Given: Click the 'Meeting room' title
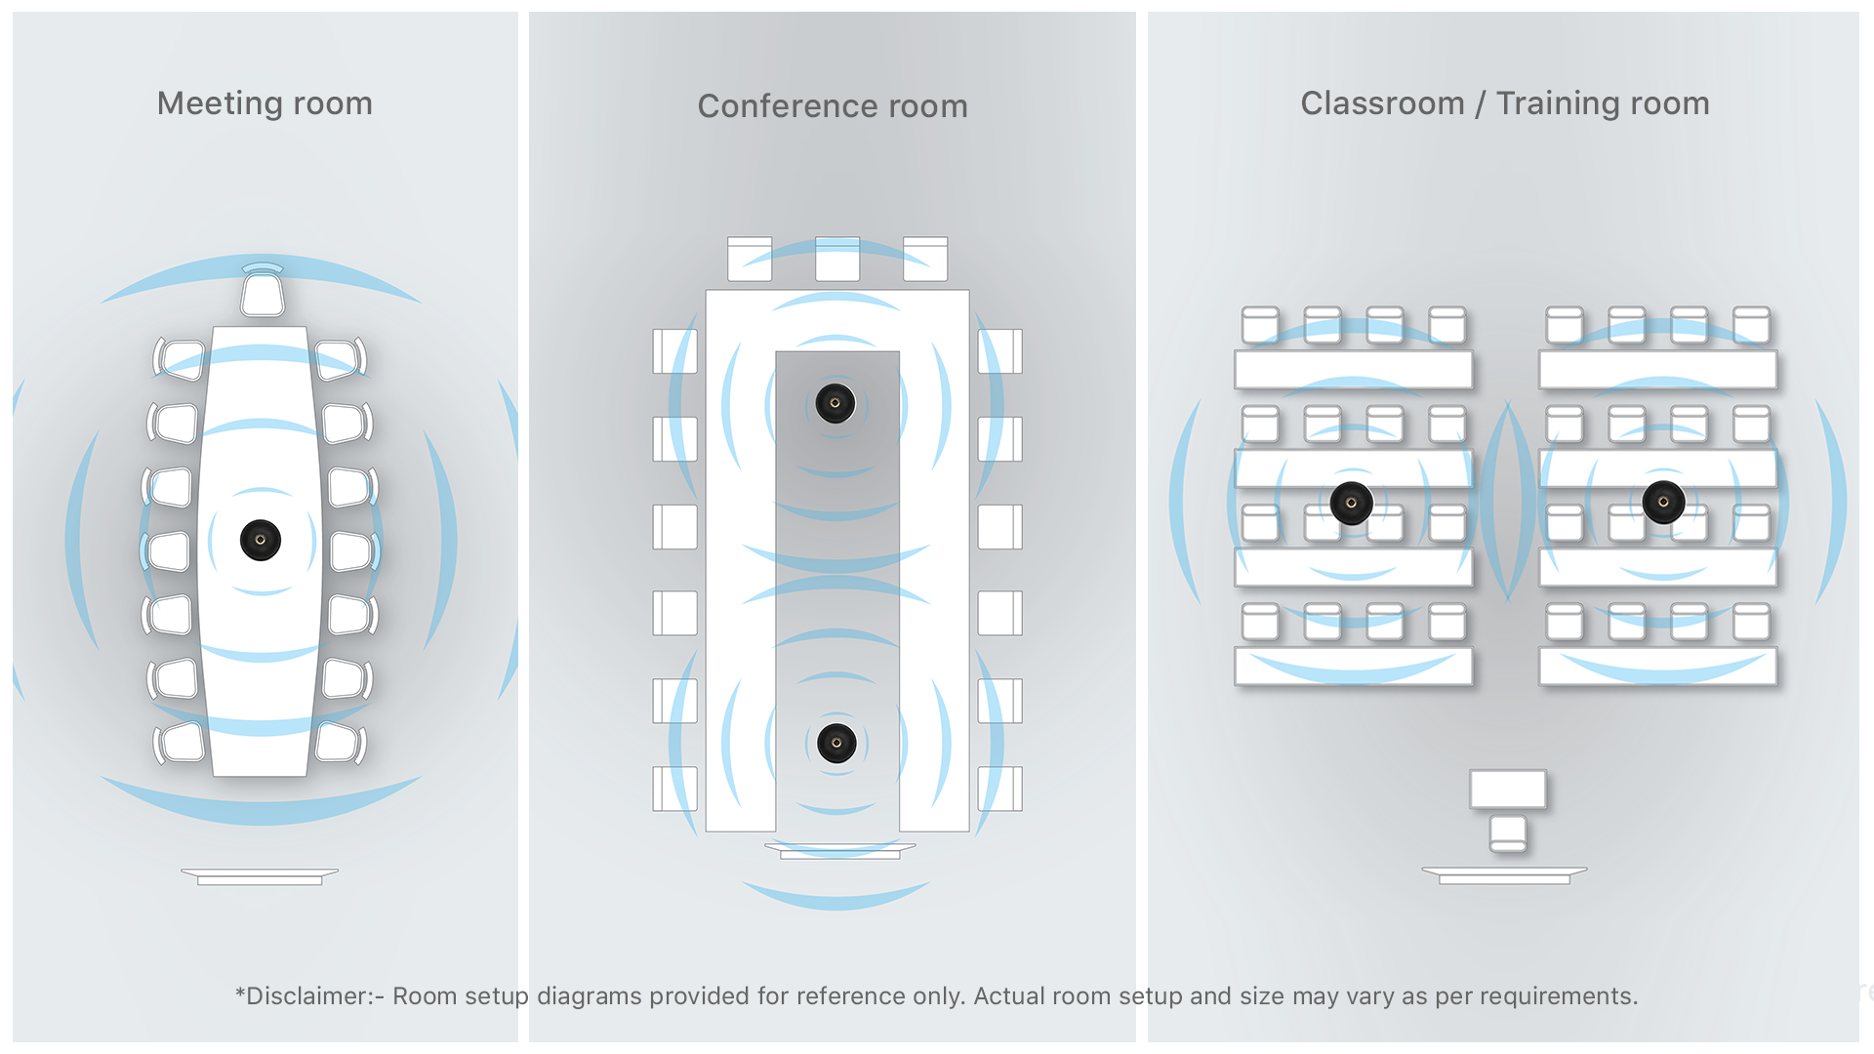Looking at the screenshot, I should coord(265,103).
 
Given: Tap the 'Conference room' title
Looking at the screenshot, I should coord(832,106).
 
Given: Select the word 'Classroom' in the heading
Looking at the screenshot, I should coord(1381,103).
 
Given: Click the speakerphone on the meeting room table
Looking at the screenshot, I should coord(261,540).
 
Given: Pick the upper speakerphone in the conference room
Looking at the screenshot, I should coord(835,403).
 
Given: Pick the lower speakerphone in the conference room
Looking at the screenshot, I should coord(836,744).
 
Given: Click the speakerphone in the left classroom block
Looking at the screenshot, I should coord(1352,504).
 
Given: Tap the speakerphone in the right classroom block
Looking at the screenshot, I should coord(1663,503).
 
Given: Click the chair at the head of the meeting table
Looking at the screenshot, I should coord(263,294).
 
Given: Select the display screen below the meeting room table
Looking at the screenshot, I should coord(260,875).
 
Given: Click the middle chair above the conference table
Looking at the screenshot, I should coord(837,260).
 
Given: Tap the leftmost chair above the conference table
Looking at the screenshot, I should coord(750,260).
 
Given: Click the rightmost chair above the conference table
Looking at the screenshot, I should coord(925,260).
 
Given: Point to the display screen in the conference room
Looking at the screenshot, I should coord(839,851).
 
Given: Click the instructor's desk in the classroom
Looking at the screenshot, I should coord(1508,789).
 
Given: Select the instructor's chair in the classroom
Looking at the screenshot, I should coord(1508,832).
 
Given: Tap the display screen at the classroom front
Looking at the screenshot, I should coord(1504,875).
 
